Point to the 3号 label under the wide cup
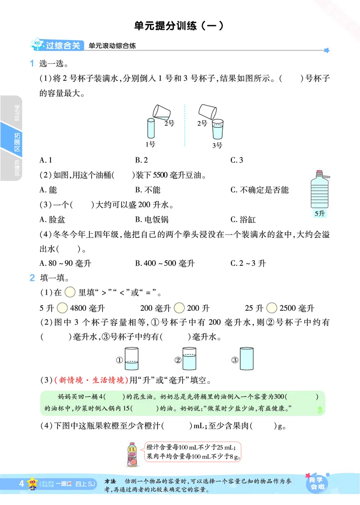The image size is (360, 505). (x=217, y=145)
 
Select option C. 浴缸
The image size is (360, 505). (x=243, y=219)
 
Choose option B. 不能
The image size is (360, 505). (x=148, y=190)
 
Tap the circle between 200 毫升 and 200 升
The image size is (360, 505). (x=179, y=308)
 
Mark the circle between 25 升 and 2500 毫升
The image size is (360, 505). (x=271, y=308)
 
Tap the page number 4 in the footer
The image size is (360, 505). (x=21, y=484)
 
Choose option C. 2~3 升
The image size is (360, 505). (x=248, y=264)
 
